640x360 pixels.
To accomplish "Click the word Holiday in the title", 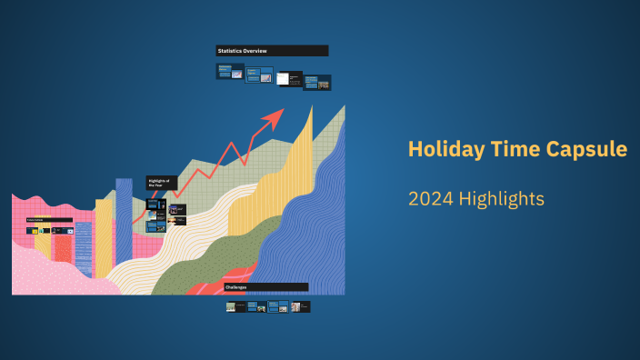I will pos(438,149).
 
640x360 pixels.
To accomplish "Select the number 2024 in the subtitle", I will pos(429,198).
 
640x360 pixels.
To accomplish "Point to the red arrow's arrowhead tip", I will pos(283,109).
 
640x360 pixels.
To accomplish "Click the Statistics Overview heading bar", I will pos(272,51).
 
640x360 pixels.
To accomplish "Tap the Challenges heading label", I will pos(265,287).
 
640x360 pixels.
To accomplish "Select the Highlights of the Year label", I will pos(162,183).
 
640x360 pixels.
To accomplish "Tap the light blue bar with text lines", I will pos(84,248).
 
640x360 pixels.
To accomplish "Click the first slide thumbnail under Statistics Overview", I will pos(230,71).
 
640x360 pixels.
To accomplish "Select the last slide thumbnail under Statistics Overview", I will pos(316,82).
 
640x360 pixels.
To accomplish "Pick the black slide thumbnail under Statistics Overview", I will pos(288,79).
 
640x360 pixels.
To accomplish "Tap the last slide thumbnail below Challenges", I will pos(300,307).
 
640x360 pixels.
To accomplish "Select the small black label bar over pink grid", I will pos(49,220).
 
